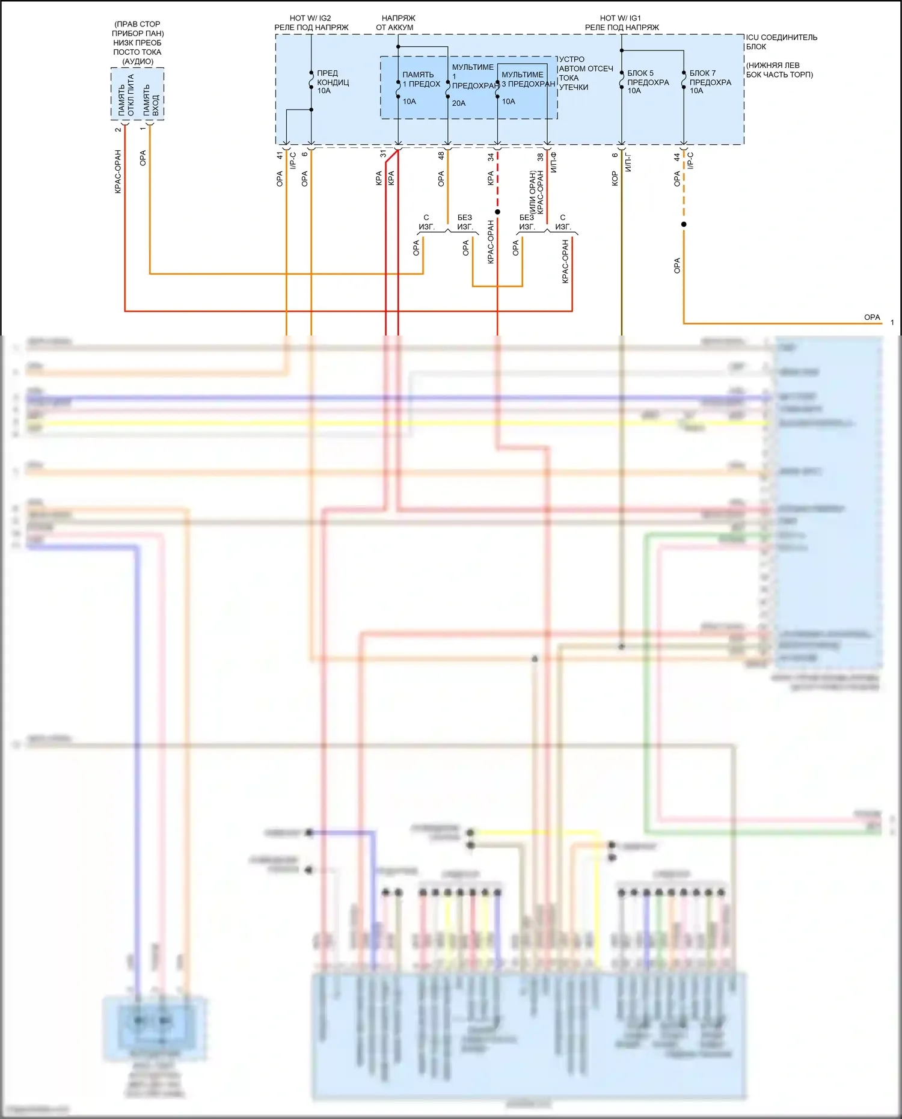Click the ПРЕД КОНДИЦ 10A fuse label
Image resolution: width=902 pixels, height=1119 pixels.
click(x=333, y=82)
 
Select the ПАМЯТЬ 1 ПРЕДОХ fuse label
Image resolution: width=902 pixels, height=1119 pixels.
click(x=421, y=79)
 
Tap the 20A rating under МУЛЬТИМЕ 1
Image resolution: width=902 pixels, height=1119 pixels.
click(x=459, y=103)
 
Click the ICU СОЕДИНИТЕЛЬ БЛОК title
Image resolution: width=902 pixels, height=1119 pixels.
click(x=781, y=41)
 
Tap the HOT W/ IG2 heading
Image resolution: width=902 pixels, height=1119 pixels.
click(x=310, y=18)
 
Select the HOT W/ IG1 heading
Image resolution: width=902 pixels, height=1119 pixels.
click(x=621, y=18)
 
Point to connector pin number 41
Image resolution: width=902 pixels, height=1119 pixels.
click(x=280, y=155)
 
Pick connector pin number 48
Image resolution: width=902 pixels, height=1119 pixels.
click(x=441, y=155)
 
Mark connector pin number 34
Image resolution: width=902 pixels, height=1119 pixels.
click(x=491, y=156)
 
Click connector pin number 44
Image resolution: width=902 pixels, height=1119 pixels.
click(x=677, y=157)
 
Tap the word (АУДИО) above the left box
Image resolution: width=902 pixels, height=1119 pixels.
click(x=138, y=61)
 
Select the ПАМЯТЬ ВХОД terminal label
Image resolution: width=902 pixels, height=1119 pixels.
click(x=151, y=100)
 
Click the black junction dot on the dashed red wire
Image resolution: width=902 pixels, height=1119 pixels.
click(x=497, y=212)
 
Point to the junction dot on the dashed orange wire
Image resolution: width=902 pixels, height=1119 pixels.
click(x=684, y=224)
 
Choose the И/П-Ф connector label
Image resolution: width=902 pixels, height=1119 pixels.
click(x=553, y=162)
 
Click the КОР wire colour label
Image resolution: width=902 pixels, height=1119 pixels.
click(x=615, y=179)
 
